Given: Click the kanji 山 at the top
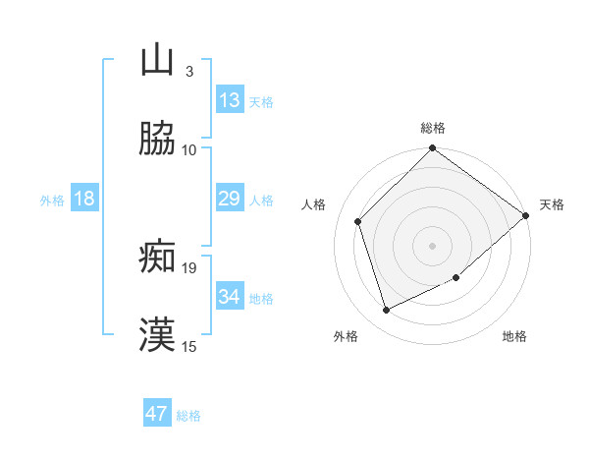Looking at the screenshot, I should (x=158, y=60).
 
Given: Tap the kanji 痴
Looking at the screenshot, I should (x=158, y=257).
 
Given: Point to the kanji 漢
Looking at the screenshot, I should (x=158, y=335).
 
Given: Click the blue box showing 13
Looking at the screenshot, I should (x=229, y=100).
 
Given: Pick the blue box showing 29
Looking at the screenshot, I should (x=229, y=200).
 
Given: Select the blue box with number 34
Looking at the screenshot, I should (x=229, y=297).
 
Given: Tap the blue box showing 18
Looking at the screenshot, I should (x=84, y=200).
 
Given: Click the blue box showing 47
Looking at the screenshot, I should (x=157, y=414).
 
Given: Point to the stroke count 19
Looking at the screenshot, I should (x=189, y=267).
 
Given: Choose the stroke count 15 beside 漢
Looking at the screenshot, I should (x=189, y=346).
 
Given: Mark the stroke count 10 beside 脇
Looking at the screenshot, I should (x=189, y=149).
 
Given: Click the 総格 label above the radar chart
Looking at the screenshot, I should (x=433, y=128).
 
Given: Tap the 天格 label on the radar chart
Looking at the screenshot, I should (x=552, y=204).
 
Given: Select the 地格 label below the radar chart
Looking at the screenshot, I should (x=514, y=337).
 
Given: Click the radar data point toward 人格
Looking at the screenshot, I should (x=358, y=221).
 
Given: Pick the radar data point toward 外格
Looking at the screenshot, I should (x=387, y=310).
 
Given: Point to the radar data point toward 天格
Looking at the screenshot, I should (x=526, y=215).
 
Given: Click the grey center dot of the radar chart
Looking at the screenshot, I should (x=433, y=246).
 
